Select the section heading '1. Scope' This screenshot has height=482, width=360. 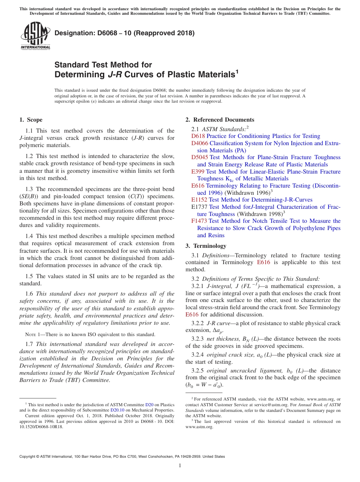point(31,120)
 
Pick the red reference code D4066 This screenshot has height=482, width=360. point(200,143)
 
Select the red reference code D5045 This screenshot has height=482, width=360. point(200,157)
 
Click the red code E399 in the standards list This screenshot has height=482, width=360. point(198,172)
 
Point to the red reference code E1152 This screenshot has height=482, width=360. point(199,200)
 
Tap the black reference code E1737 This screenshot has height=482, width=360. point(199,207)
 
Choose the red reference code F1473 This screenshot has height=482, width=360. point(199,221)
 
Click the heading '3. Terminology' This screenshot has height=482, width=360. point(206,246)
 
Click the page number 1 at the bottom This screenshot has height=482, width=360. point(180,465)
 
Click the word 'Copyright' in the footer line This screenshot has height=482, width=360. point(28,457)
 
